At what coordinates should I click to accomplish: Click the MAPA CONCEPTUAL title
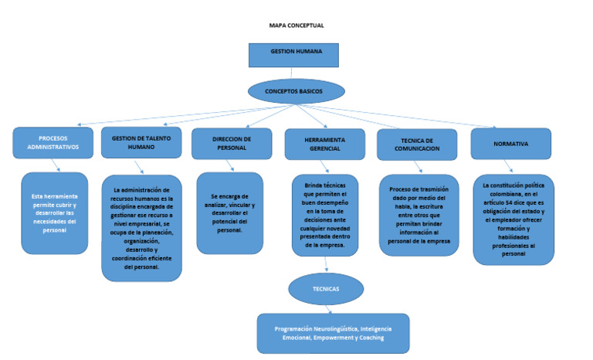point(296,25)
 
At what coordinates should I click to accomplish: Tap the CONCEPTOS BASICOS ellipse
point(296,91)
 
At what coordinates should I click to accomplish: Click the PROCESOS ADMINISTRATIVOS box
point(53,143)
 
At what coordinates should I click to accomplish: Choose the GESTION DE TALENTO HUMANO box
point(141,143)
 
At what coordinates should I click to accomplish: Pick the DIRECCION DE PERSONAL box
point(232,144)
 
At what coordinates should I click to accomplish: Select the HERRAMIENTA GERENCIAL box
point(324,144)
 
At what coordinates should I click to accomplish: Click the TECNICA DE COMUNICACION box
point(417,144)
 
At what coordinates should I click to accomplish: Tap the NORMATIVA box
point(511,144)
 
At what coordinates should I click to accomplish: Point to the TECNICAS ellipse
point(326,289)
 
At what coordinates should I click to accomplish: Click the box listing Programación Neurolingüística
point(333,333)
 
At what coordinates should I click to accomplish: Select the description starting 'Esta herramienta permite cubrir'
point(54,213)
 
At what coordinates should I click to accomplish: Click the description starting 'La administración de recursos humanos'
point(141,228)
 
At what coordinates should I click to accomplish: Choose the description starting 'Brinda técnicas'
point(324,216)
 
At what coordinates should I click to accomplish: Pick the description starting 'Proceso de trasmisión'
point(418,215)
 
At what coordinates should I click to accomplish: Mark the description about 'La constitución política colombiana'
point(513,219)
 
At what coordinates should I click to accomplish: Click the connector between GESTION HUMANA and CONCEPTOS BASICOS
point(296,73)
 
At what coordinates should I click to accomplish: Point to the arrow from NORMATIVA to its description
point(507,166)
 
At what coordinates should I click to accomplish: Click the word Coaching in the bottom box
point(370,338)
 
